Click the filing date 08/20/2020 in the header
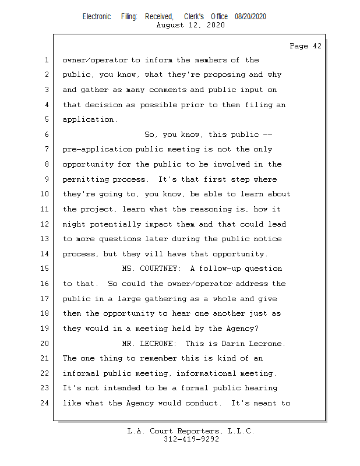tap(250, 17)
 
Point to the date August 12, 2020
tap(191, 25)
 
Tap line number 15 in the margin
tap(47, 269)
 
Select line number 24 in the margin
tap(47, 403)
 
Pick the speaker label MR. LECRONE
tap(148, 343)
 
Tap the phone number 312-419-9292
tap(191, 439)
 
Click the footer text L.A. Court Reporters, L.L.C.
tap(191, 431)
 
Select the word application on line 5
tap(89, 120)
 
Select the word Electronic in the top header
tap(97, 17)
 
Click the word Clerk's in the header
tap(193, 17)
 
